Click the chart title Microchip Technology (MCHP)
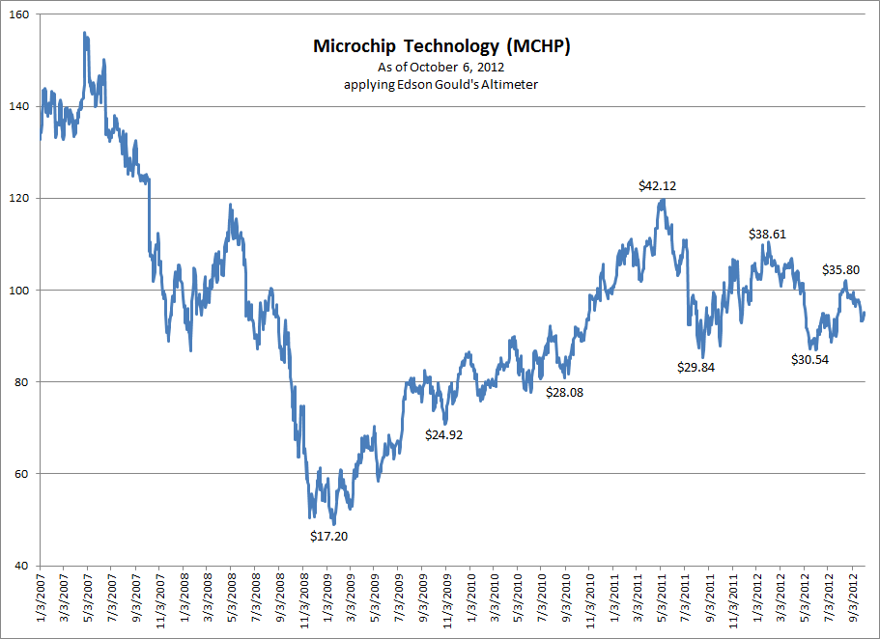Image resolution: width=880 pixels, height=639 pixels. point(441,46)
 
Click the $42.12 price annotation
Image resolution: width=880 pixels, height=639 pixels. point(657,185)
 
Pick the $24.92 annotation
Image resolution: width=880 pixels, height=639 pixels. point(444,434)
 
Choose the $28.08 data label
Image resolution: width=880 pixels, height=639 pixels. point(564,393)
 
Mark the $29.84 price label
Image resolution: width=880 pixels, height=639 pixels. point(695,367)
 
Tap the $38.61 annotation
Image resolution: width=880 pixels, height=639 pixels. point(770,234)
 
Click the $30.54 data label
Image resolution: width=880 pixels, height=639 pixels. point(809,359)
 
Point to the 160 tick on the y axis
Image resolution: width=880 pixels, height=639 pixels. point(19,15)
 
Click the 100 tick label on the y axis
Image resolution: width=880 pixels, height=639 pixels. point(19,291)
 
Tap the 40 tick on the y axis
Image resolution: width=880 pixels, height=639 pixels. point(22,566)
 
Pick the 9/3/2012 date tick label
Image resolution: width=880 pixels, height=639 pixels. point(853,603)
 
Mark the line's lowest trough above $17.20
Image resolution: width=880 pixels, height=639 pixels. point(332,522)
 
